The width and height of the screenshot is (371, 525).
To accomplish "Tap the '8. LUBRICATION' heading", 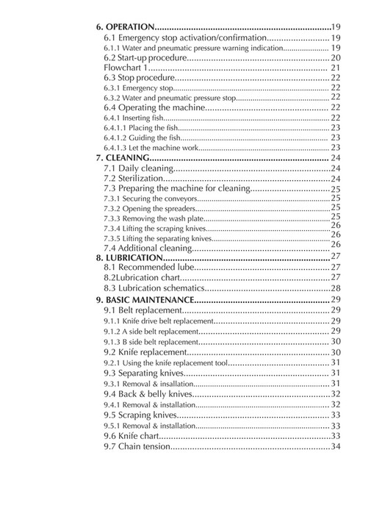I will (129, 258).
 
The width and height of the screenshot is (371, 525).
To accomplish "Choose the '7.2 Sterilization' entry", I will (133, 178).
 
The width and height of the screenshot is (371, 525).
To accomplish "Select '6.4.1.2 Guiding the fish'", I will (143, 137).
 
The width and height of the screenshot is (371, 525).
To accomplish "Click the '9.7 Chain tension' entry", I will (137, 446).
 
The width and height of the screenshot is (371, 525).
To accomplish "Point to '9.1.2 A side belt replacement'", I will (151, 332).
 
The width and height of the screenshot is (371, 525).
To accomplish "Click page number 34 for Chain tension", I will (335, 446).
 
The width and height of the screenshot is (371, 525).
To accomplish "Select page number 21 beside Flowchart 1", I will (335, 67).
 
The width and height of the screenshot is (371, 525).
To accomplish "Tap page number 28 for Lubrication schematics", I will (335, 288).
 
